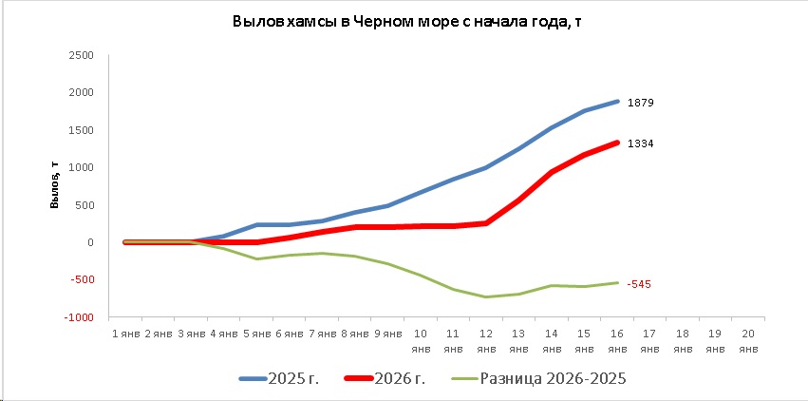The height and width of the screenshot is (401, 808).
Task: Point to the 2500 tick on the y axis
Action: click(81, 55)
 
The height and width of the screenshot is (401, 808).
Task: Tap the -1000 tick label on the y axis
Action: click(78, 317)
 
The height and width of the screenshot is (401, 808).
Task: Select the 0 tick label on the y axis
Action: click(89, 242)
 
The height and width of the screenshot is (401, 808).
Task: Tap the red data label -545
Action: click(639, 284)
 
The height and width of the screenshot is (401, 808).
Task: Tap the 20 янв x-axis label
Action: click(748, 340)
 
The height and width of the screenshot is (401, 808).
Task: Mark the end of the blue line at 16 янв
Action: click(617, 101)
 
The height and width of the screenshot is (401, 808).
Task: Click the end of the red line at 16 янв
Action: click(617, 143)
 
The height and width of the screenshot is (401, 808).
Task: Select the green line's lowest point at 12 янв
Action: click(487, 297)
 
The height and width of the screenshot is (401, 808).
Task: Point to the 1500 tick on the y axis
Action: click(81, 130)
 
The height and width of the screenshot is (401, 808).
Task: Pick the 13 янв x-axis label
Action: click(519, 340)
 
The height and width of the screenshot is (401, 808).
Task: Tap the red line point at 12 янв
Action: click(487, 223)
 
